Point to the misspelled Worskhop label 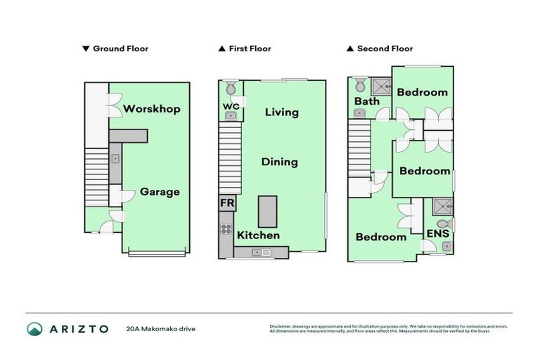tap(152, 109)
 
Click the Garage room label tap(160, 191)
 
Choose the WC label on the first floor tap(231, 107)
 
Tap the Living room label tap(281, 112)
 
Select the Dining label tap(279, 162)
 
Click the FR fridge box tap(227, 203)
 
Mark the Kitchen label tap(258, 235)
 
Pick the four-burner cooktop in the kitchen tap(226, 229)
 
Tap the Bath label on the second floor tap(366, 101)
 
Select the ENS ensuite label tap(434, 233)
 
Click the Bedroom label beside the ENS tap(380, 237)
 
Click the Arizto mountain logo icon tap(34, 328)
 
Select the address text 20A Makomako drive tap(160, 328)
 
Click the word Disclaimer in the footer tap(280, 326)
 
